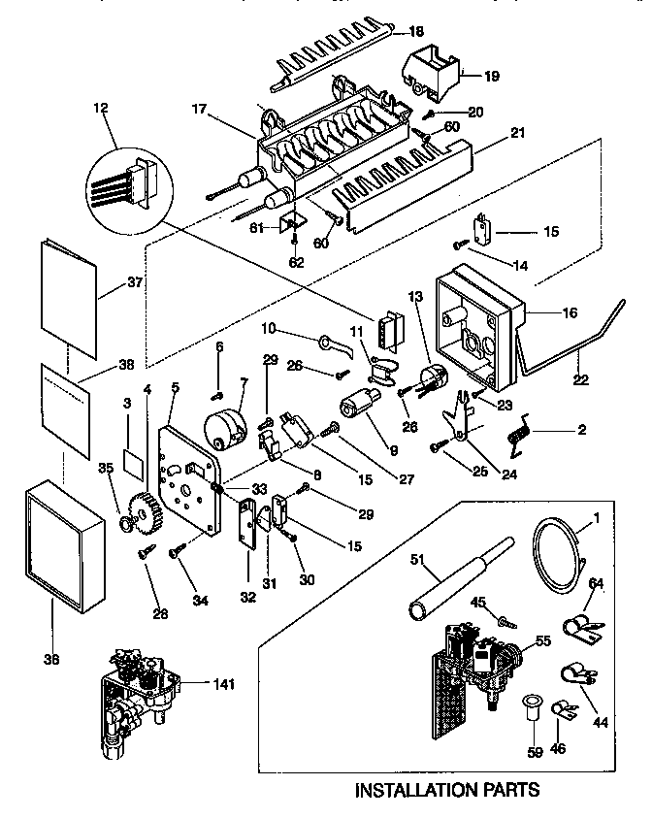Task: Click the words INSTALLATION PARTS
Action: click(446, 790)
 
